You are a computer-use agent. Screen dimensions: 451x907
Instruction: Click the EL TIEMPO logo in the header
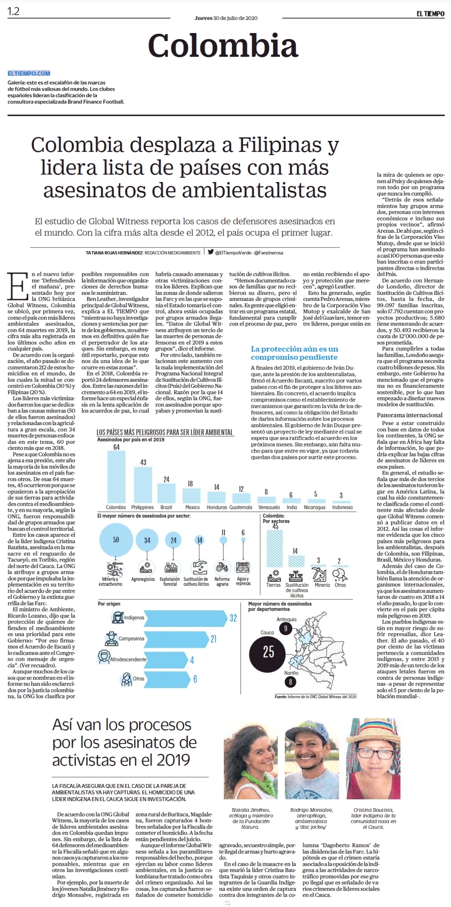click(x=430, y=14)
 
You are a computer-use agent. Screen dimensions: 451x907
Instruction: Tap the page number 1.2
click(x=13, y=11)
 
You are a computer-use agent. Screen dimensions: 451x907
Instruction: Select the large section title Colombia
click(x=223, y=46)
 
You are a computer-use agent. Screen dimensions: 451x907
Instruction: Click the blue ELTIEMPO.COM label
click(x=29, y=73)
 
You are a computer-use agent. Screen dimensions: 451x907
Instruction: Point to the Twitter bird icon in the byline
click(x=211, y=252)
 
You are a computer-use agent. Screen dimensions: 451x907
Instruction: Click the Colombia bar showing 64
click(x=116, y=477)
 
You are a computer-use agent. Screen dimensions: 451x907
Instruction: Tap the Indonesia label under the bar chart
click(x=342, y=507)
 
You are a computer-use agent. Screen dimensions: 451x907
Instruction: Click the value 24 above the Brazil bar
click(x=167, y=479)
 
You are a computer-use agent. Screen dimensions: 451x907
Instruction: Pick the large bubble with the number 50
click(x=116, y=540)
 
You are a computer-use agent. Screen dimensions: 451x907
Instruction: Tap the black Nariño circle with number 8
click(x=290, y=682)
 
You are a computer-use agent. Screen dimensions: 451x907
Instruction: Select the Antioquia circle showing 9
click(x=286, y=628)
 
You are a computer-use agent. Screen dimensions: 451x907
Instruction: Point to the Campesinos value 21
click(x=213, y=639)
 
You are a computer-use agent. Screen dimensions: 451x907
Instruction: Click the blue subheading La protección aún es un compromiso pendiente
click(x=294, y=353)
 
